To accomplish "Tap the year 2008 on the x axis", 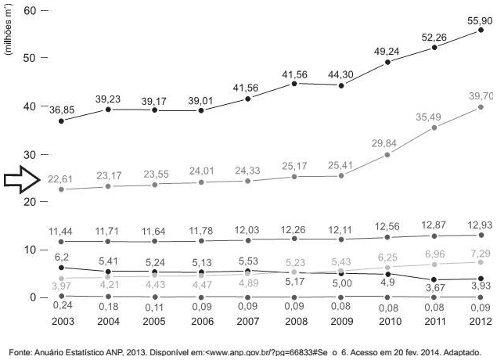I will [x=294, y=321].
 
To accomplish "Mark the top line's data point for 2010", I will [x=388, y=61].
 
